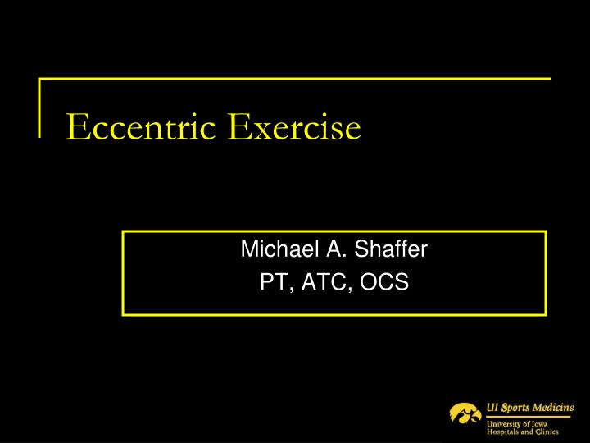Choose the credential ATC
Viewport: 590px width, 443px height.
[x=325, y=282]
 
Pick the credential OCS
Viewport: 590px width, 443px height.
[x=383, y=282]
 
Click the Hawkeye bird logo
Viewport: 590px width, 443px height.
[x=465, y=412]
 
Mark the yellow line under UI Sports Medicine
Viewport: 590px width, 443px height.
[x=528, y=416]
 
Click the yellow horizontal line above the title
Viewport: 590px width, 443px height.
[x=295, y=80]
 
